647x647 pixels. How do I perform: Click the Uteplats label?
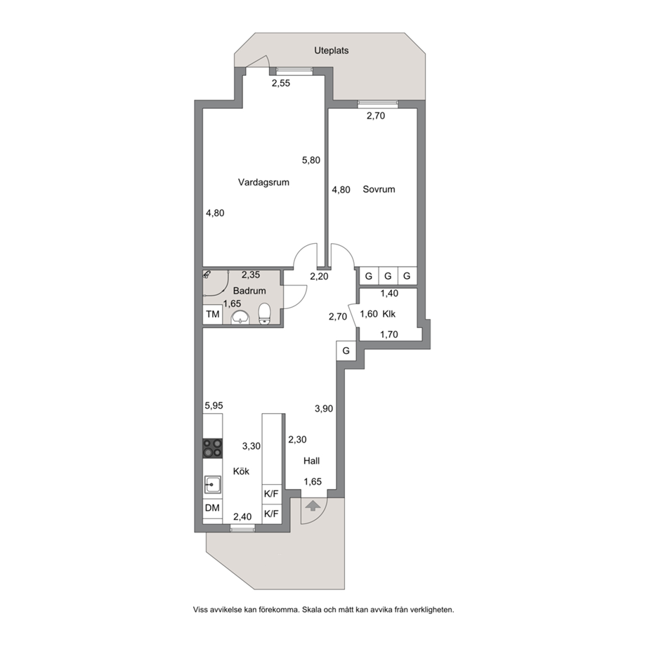[332, 51]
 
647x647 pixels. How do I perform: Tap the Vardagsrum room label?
[263, 183]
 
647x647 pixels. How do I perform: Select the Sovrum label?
[379, 190]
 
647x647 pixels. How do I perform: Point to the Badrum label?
[249, 291]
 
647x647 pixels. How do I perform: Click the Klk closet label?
[388, 314]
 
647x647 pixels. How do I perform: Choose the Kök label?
[242, 471]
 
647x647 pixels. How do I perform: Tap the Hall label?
[311, 461]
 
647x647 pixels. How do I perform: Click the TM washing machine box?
[213, 315]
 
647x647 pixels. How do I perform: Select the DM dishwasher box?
[212, 508]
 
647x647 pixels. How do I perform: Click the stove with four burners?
[212, 448]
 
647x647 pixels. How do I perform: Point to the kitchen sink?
[212, 485]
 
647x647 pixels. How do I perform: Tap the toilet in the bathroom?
[264, 314]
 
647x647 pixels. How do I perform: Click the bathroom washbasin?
[240, 318]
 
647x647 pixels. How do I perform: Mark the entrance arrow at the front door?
[313, 506]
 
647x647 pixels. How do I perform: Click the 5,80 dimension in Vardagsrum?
[311, 160]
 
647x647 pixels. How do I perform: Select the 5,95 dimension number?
[214, 405]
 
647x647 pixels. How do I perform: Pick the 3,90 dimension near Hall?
[324, 409]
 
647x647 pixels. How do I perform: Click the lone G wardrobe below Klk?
[346, 351]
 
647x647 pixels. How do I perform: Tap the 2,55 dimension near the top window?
[280, 84]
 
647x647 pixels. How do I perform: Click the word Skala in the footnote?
[311, 610]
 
